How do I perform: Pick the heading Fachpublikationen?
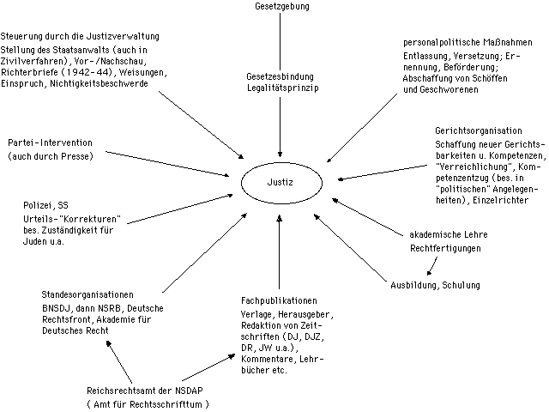point(280,301)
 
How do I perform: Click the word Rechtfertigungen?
point(443,249)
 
